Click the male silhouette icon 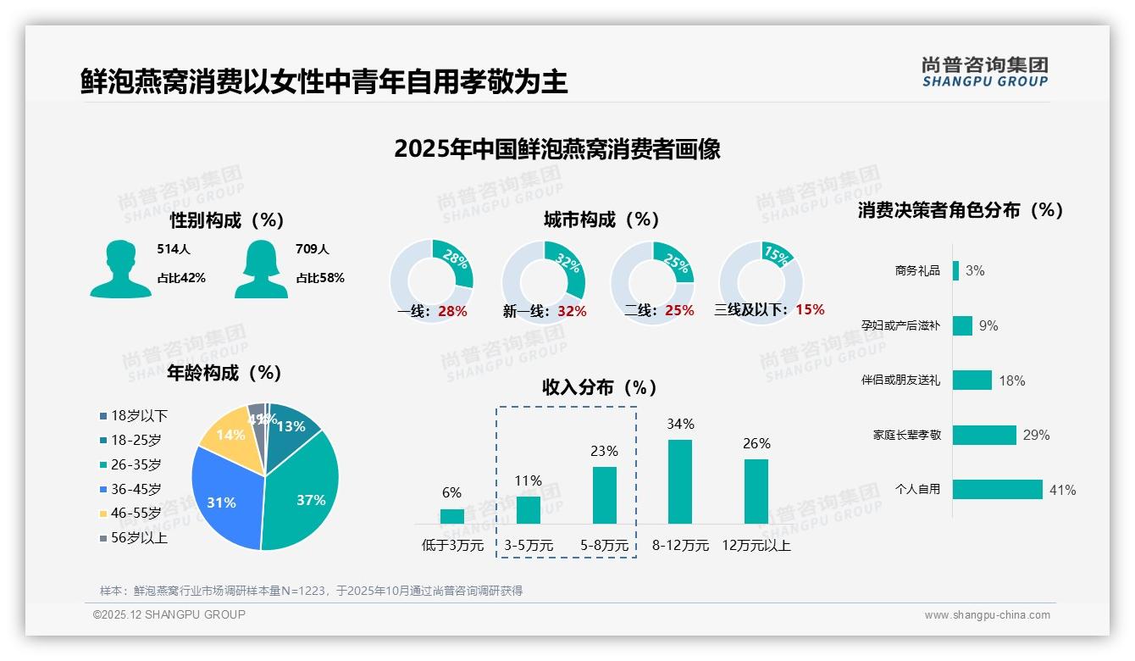pyautogui.click(x=120, y=269)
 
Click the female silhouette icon pyautogui.click(x=261, y=269)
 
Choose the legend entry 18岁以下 pyautogui.click(x=133, y=415)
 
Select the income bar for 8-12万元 pyautogui.click(x=680, y=481)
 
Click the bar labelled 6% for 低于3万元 pyautogui.click(x=451, y=515)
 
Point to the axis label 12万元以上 pyautogui.click(x=756, y=546)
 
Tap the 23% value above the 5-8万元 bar pyautogui.click(x=604, y=451)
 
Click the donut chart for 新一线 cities pyautogui.click(x=544, y=281)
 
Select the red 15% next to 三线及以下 pyautogui.click(x=810, y=309)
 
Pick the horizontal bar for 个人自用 pyautogui.click(x=997, y=490)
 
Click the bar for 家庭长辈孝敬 pyautogui.click(x=983, y=435)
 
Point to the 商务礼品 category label pyautogui.click(x=917, y=271)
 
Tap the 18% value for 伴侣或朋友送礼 pyautogui.click(x=1011, y=380)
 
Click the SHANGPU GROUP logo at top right pyautogui.click(x=984, y=72)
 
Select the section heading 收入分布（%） pyautogui.click(x=600, y=387)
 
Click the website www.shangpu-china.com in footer pyautogui.click(x=987, y=615)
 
